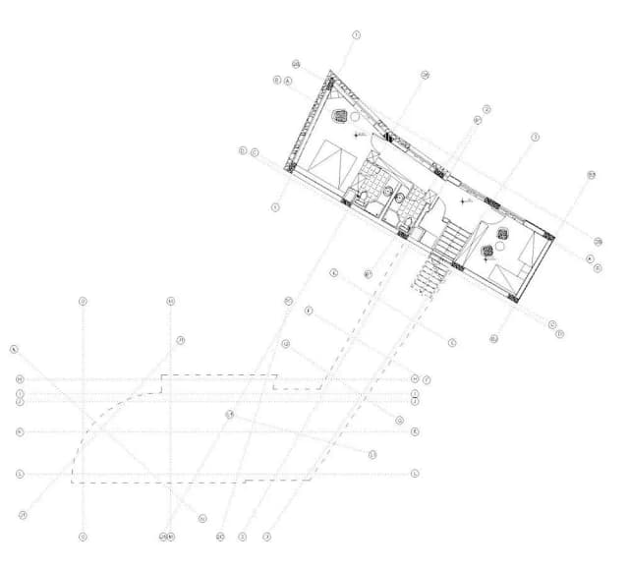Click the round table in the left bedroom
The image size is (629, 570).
356,117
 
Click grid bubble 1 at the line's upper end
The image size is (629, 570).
356,34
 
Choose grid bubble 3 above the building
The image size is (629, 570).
535,138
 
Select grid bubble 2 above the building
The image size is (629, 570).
486,110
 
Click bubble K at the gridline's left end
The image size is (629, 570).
20,431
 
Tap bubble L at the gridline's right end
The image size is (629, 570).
415,474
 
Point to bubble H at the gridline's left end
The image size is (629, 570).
20,379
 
